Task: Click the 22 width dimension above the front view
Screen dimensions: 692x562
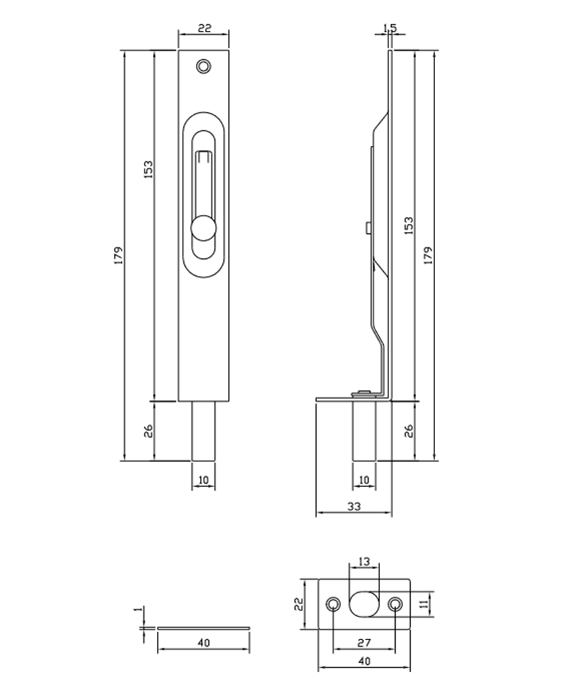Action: [x=204, y=28]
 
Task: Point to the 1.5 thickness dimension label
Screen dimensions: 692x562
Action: [x=390, y=28]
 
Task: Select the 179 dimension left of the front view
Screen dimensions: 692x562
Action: [x=118, y=255]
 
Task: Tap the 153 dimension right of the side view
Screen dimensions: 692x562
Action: [x=409, y=225]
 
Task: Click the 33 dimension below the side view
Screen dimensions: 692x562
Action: [x=353, y=506]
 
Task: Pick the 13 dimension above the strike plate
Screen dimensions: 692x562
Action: [x=364, y=561]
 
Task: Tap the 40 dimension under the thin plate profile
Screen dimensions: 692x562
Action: [x=203, y=642]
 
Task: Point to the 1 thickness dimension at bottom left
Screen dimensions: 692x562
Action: [x=137, y=611]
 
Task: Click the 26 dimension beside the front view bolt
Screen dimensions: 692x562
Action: [x=149, y=431]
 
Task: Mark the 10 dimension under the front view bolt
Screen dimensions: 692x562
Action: [x=203, y=480]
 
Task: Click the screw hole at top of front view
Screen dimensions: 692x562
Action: [x=204, y=66]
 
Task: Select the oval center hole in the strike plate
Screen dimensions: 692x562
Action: [x=364, y=604]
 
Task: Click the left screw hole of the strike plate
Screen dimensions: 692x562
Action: [x=334, y=604]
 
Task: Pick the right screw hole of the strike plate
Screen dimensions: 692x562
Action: [x=395, y=604]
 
